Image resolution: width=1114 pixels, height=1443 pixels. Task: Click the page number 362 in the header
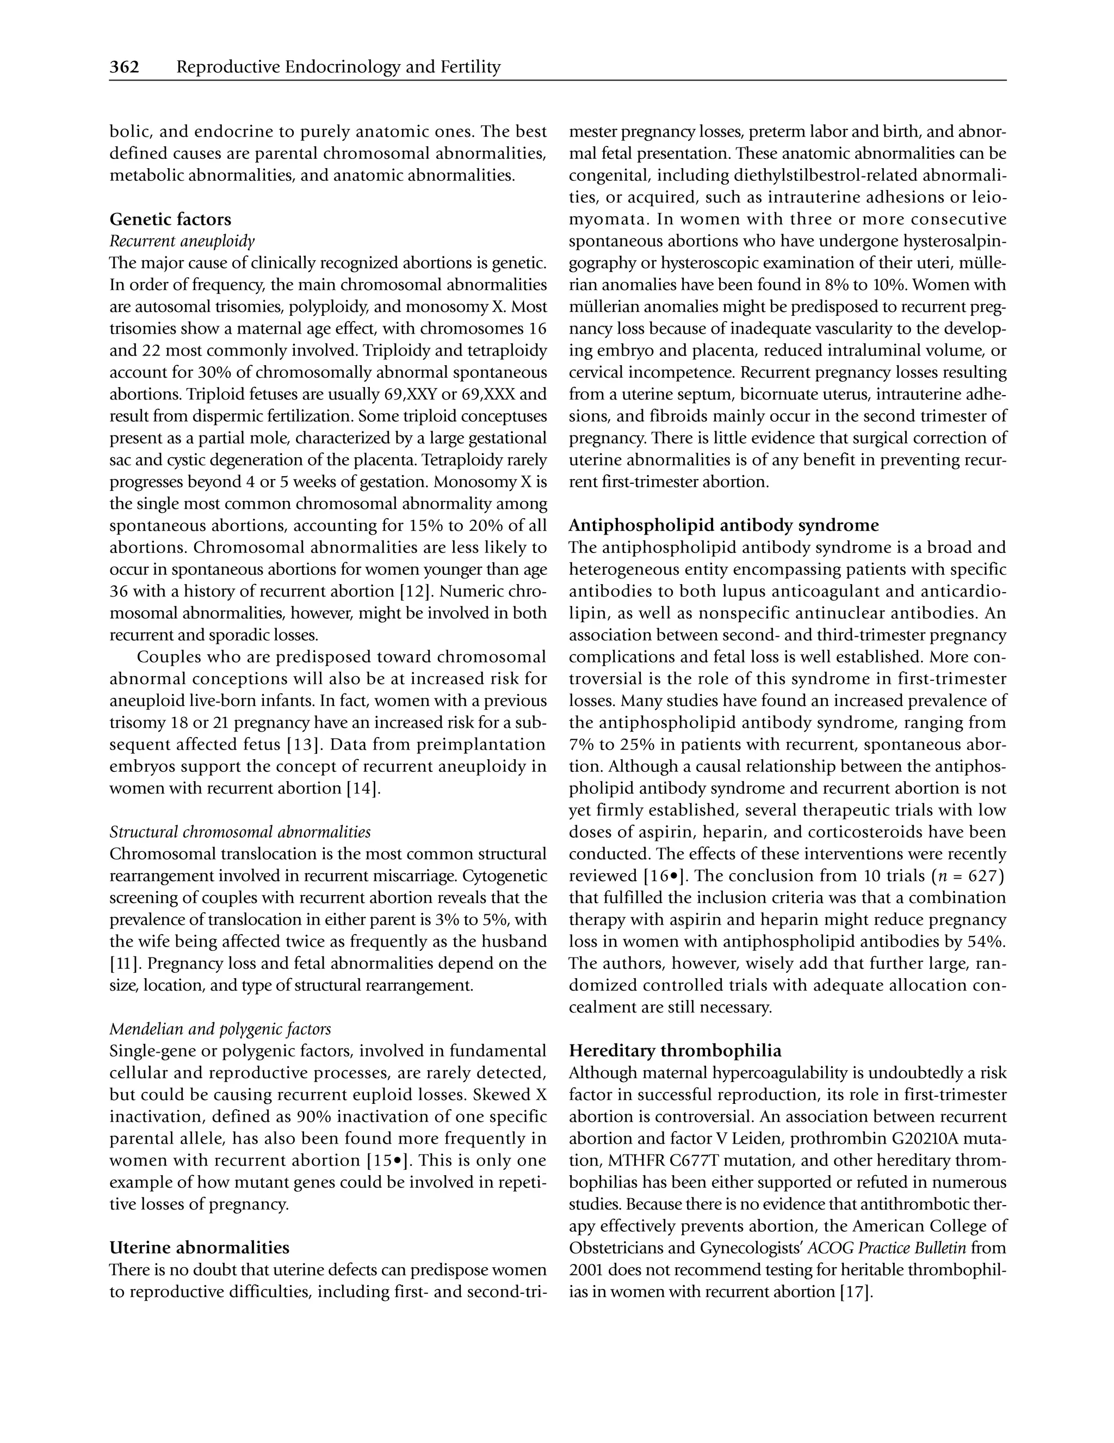click(x=124, y=67)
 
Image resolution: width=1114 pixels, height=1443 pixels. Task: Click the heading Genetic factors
click(x=170, y=219)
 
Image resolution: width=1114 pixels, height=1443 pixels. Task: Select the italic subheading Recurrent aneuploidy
click(x=182, y=241)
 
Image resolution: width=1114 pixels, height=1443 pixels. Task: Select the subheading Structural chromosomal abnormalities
click(x=240, y=831)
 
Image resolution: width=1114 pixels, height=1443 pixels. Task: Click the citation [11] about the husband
click(x=121, y=963)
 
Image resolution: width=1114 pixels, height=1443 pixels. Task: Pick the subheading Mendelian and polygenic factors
click(x=220, y=1029)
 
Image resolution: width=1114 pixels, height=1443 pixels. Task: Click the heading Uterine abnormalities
click(x=200, y=1248)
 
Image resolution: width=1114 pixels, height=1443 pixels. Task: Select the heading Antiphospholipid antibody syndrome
click(x=724, y=525)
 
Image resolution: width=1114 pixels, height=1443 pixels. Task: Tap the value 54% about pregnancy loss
click(x=988, y=941)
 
